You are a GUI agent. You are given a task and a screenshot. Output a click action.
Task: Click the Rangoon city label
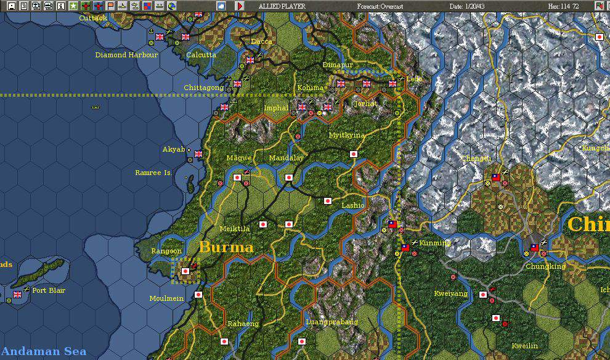(166, 251)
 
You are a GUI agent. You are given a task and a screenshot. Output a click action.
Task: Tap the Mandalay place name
(286, 158)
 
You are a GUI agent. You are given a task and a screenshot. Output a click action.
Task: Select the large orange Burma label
(226, 247)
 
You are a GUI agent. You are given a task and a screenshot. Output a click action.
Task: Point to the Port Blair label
(49, 290)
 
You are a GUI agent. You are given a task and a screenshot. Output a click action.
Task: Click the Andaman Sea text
(43, 351)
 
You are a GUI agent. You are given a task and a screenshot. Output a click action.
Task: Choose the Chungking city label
(545, 266)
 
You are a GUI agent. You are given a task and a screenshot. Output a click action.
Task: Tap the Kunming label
(435, 243)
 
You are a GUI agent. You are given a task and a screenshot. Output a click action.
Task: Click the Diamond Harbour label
(126, 55)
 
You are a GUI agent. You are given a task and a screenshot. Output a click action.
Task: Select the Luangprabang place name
(331, 322)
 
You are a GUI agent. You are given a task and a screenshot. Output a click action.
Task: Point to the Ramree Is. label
(153, 173)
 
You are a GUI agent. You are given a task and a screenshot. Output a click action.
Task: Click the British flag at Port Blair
(17, 295)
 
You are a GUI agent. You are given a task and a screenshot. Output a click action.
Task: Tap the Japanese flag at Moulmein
(198, 295)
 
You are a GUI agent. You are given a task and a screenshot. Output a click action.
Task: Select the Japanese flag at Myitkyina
(354, 154)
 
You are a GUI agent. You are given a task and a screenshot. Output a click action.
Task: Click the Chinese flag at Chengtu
(495, 178)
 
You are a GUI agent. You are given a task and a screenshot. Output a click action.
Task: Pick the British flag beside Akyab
(198, 154)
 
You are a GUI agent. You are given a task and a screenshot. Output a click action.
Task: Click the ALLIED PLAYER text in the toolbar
(282, 6)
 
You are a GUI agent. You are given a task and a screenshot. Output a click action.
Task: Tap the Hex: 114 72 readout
(563, 6)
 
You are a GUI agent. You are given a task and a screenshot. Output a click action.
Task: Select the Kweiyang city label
(450, 293)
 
